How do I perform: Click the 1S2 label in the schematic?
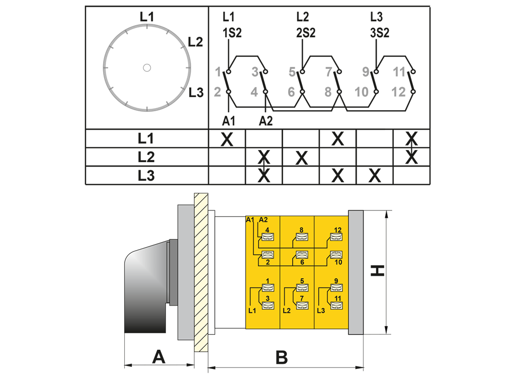232,33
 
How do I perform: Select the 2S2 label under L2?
305,33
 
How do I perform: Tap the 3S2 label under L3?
379,33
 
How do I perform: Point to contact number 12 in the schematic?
398,92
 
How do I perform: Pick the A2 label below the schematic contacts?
266,121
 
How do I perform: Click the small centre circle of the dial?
147,67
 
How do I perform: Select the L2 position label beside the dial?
195,42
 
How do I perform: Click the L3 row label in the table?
146,176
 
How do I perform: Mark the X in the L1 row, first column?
227,139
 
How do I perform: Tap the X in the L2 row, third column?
301,158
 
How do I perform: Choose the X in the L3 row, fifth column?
375,176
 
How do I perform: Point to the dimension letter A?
158,357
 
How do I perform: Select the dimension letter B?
282,358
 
